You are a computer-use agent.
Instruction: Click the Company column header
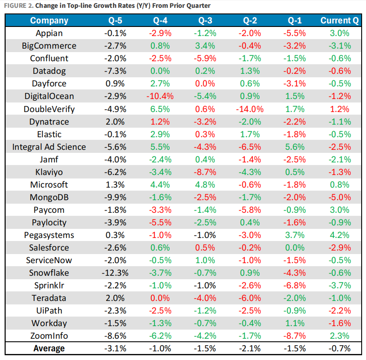pyautogui.click(x=49, y=20)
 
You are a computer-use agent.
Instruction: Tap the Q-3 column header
pyautogui.click(x=206, y=20)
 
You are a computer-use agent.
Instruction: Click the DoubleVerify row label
pyautogui.click(x=49, y=109)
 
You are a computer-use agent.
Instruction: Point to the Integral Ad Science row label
pyautogui.click(x=49, y=147)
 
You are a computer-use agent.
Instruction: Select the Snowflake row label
pyautogui.click(x=49, y=273)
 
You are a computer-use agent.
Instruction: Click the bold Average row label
pyautogui.click(x=49, y=348)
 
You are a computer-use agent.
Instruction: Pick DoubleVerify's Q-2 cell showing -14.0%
pyautogui.click(x=250, y=109)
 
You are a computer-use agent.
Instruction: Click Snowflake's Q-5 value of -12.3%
pyautogui.click(x=116, y=273)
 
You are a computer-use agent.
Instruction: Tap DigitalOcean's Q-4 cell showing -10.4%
pyautogui.click(x=161, y=96)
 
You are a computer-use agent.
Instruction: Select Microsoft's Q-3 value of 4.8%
pyautogui.click(x=206, y=185)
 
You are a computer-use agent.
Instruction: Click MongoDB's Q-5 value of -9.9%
pyautogui.click(x=116, y=197)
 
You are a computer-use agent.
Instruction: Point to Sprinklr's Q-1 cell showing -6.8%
pyautogui.click(x=295, y=285)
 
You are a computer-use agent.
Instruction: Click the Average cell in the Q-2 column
pyautogui.click(x=250, y=348)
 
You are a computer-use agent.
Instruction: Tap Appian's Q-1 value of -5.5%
pyautogui.click(x=295, y=33)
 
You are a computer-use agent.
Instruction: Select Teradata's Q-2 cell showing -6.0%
pyautogui.click(x=250, y=298)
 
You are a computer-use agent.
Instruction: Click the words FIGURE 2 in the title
pyautogui.click(x=17, y=5)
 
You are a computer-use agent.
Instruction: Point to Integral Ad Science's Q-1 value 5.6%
pyautogui.click(x=295, y=147)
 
